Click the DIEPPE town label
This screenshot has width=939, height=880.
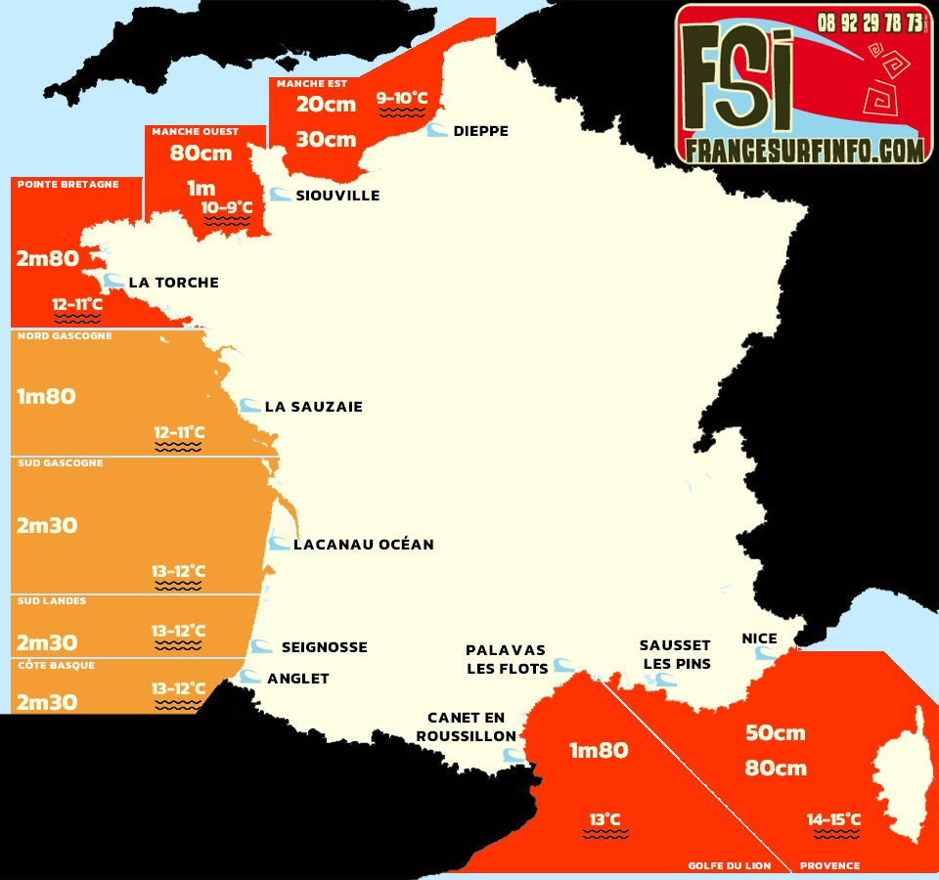click(480, 131)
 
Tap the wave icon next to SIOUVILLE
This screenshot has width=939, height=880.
click(280, 195)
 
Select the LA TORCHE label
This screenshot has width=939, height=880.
click(173, 283)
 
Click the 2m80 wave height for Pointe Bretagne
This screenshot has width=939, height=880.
click(46, 259)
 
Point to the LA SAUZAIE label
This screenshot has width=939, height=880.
click(313, 407)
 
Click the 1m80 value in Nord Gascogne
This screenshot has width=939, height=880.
click(46, 397)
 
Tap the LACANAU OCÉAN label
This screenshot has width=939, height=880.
click(363, 545)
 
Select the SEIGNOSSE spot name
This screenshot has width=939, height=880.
click(324, 647)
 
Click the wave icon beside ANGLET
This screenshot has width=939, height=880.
click(251, 677)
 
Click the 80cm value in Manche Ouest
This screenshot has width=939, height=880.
click(201, 154)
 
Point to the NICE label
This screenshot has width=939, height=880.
click(759, 638)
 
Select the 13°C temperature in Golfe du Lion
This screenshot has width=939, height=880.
click(604, 819)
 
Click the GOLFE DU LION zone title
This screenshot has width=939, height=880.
click(729, 865)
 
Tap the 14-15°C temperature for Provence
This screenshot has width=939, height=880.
click(833, 819)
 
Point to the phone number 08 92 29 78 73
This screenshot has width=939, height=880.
click(870, 22)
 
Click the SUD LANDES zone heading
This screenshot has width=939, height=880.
click(52, 600)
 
